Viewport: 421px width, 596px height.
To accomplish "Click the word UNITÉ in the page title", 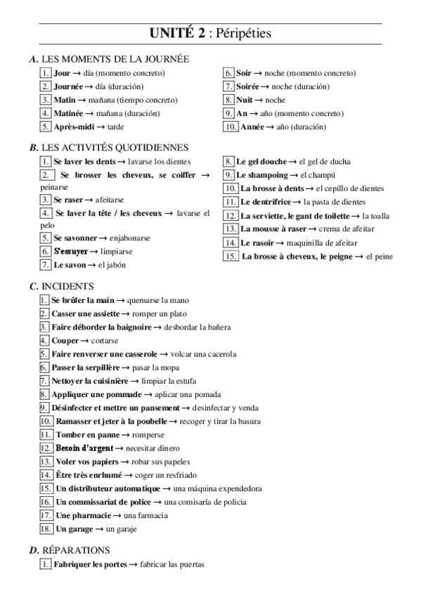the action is tap(171, 33).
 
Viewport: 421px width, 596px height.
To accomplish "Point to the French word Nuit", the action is tap(245, 100).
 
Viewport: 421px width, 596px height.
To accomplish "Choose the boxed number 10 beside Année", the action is tap(230, 127).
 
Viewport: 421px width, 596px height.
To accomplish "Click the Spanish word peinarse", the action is tap(54, 188).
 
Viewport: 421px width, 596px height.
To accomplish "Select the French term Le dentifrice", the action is tap(267, 202).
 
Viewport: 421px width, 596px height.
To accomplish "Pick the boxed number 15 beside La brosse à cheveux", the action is tap(230, 256).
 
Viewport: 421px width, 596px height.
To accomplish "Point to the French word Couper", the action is tap(65, 340).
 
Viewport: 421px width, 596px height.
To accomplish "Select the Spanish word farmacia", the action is tap(151, 515).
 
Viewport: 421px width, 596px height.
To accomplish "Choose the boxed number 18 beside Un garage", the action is tap(46, 529).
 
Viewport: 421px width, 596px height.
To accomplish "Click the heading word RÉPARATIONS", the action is tap(76, 550).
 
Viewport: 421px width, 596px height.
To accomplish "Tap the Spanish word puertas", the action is tap(189, 564).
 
